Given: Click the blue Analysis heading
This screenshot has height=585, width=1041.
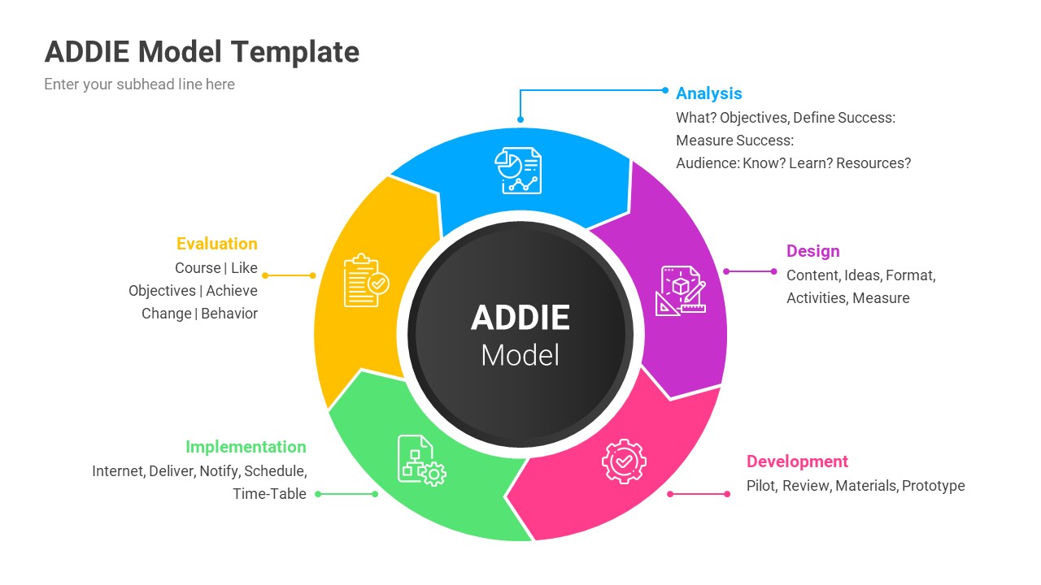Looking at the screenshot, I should click(708, 93).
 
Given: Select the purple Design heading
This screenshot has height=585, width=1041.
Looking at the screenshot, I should click(812, 251).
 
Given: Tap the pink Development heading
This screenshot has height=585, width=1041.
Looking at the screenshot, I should click(797, 461).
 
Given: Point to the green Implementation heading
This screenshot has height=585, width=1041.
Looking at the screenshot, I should click(246, 447).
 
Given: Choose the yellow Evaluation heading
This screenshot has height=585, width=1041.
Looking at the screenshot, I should click(216, 244).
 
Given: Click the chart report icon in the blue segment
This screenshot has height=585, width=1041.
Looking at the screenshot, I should click(518, 170).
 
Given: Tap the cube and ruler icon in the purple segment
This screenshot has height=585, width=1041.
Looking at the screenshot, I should click(681, 290).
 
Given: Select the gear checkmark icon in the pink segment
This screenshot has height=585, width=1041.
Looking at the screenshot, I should click(624, 461).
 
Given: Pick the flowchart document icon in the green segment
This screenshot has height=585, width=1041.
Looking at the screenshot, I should click(420, 460).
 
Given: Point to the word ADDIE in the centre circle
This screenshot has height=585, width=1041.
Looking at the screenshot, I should click(520, 318).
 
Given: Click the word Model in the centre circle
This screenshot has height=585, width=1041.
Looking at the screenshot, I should click(520, 355).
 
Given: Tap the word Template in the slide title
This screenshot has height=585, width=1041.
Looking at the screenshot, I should click(295, 52).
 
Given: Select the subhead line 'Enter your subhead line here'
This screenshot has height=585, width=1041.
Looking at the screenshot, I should click(139, 84).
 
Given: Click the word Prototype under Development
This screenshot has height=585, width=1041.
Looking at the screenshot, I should click(934, 486).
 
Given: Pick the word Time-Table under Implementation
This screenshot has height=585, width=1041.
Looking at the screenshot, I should click(269, 494).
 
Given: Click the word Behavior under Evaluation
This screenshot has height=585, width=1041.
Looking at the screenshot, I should click(229, 314).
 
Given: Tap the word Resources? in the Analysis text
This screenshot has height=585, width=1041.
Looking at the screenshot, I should click(873, 163).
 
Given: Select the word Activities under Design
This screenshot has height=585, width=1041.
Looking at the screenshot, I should click(816, 298).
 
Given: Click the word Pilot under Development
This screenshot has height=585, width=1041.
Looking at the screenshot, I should click(760, 486).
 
